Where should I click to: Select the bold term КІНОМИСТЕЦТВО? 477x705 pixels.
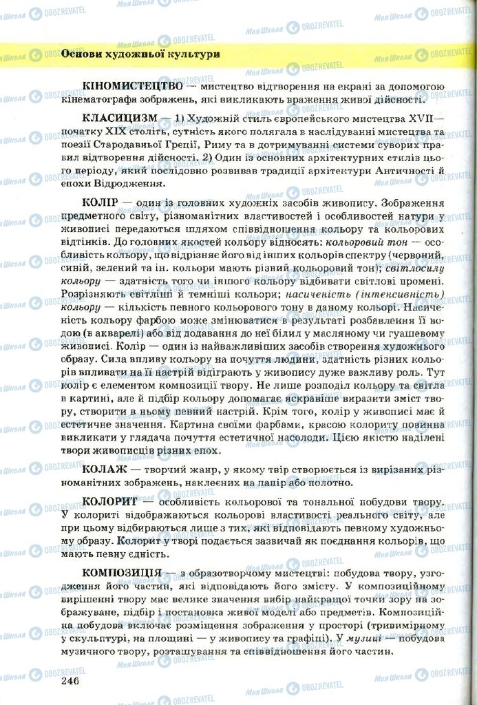(x=132, y=87)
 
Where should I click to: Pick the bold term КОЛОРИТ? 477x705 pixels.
(x=110, y=502)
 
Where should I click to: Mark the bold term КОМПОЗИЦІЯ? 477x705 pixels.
(x=122, y=573)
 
